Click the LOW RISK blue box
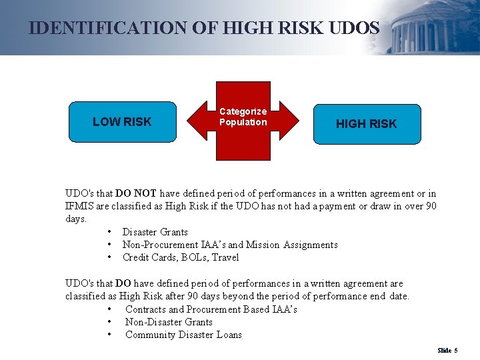tap(122, 122)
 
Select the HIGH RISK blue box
tap(367, 124)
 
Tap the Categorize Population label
tap(243, 117)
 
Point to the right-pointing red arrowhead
tap(289, 122)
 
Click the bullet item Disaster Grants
tap(155, 232)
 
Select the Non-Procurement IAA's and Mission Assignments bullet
tap(230, 245)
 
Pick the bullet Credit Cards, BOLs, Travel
tap(180, 257)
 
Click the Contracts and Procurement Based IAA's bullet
tap(211, 309)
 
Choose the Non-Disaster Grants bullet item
tap(169, 322)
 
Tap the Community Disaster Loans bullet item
tap(183, 335)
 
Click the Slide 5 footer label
tap(447, 350)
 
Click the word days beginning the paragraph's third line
tap(75, 219)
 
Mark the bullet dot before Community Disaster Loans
tap(109, 335)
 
